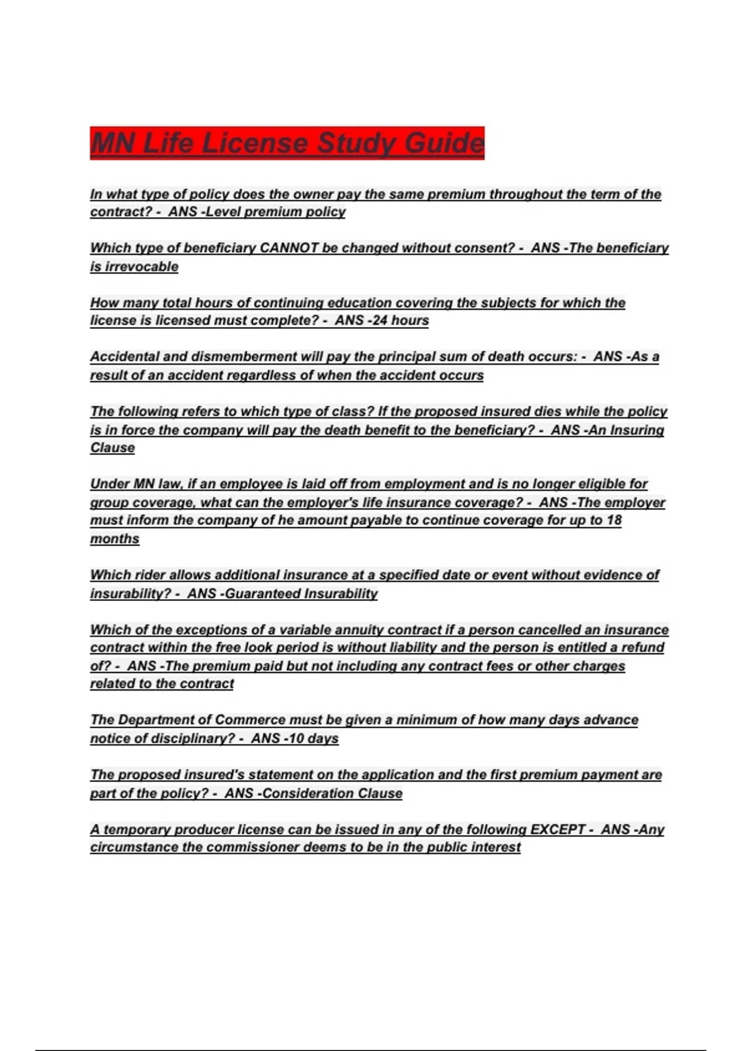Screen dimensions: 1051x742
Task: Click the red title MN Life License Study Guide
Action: [287, 143]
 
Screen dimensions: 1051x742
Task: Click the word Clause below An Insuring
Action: [113, 448]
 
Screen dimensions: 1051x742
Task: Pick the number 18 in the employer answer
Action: [613, 520]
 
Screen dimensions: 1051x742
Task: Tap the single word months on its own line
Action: [115, 538]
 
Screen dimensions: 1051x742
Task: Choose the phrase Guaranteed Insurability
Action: [301, 594]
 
